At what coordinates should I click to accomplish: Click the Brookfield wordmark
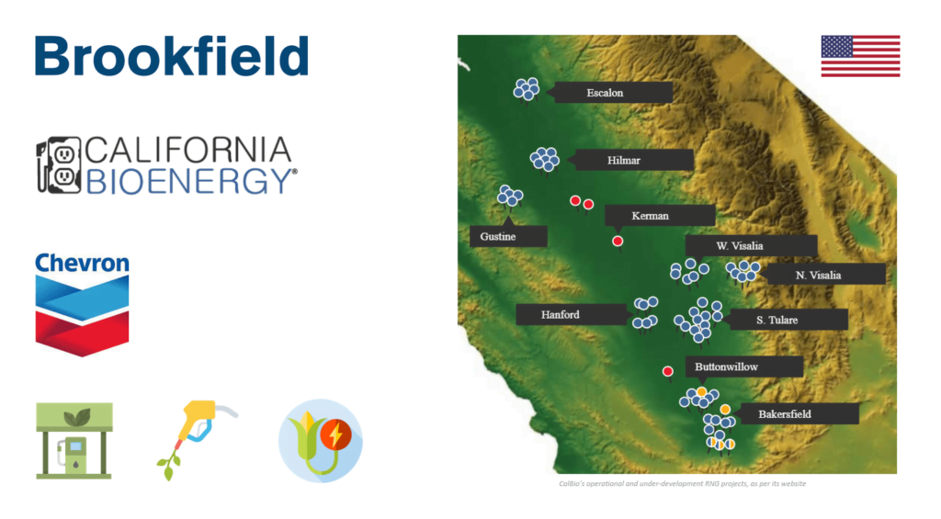tap(172, 56)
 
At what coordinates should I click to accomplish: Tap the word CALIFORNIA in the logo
tap(188, 150)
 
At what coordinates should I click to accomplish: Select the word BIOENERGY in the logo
tap(191, 181)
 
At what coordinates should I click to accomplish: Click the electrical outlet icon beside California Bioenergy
tap(58, 165)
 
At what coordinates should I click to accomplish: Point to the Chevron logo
tap(82, 304)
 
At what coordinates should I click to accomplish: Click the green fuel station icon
tap(74, 440)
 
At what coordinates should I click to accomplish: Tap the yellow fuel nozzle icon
tap(197, 439)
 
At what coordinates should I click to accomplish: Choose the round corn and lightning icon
tap(321, 440)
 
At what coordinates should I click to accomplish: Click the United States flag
tap(860, 56)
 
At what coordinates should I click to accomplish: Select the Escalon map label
tap(612, 93)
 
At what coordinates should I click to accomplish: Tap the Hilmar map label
tap(632, 160)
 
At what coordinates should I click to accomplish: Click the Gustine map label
tap(508, 236)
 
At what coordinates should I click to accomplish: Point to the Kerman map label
tap(660, 215)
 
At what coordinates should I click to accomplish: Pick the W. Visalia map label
tap(752, 246)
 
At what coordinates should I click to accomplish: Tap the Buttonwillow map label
tap(744, 367)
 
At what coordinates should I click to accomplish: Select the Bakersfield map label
tap(799, 414)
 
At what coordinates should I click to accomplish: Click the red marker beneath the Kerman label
tap(618, 242)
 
